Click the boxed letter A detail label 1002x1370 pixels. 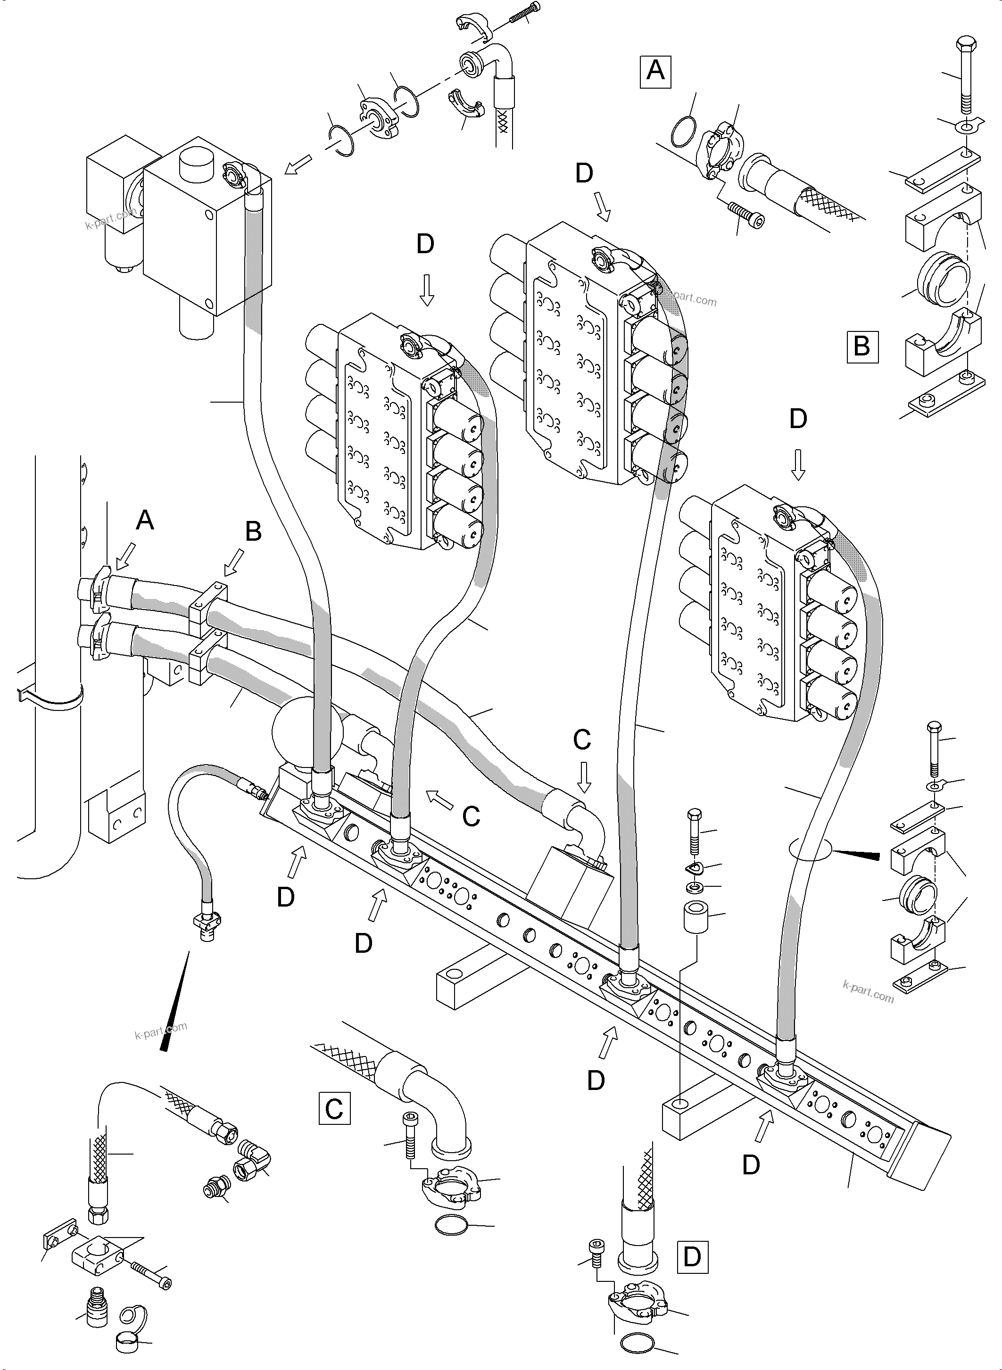click(x=655, y=72)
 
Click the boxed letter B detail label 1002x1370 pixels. click(x=862, y=347)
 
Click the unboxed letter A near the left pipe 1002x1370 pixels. click(x=144, y=520)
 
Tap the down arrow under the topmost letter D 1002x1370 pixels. click(x=602, y=206)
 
